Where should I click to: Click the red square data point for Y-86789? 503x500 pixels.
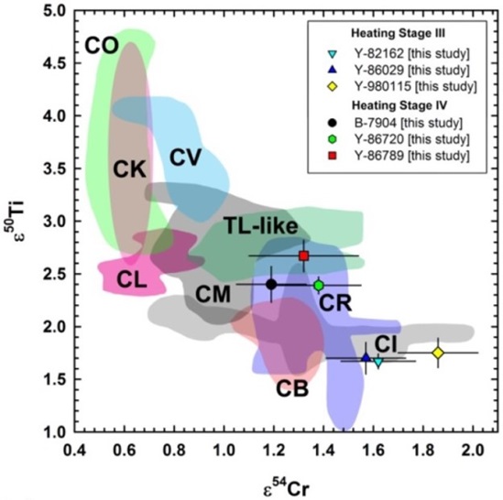(x=304, y=255)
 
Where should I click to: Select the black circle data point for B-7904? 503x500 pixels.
(x=271, y=284)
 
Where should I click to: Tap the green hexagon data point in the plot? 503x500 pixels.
(x=319, y=286)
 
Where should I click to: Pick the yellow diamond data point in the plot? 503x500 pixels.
(x=438, y=353)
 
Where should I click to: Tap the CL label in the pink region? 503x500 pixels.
(x=133, y=281)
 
